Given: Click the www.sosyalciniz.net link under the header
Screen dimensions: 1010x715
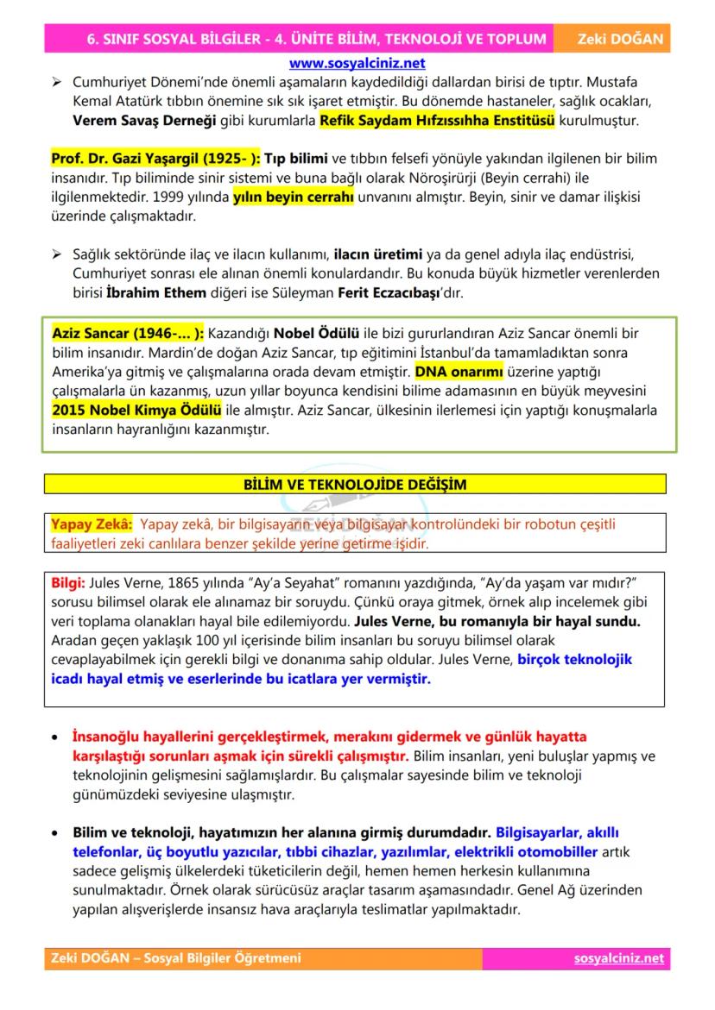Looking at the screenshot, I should (x=357, y=63).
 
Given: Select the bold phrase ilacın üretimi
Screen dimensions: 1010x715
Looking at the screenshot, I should (x=378, y=255).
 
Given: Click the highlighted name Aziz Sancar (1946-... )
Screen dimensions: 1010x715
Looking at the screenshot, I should (x=128, y=333).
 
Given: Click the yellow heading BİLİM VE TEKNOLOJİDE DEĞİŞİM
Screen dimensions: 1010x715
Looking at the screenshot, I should (x=355, y=485).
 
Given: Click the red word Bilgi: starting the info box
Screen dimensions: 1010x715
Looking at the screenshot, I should (x=69, y=582).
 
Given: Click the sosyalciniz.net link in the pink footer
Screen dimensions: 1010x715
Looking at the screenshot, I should (x=619, y=958).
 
